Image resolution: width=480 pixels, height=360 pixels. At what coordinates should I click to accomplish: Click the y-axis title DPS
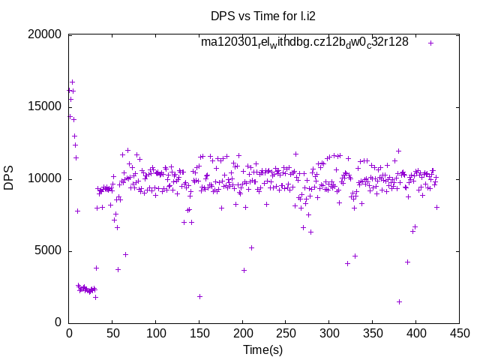pos(9,178)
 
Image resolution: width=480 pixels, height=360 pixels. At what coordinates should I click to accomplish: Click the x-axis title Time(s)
pos(262,349)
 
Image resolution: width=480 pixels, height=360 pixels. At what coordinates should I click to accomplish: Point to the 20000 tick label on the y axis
pos(43,34)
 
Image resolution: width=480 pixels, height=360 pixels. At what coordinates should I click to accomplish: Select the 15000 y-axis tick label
pos(43,106)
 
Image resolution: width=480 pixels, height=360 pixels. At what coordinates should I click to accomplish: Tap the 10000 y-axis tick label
pos(43,178)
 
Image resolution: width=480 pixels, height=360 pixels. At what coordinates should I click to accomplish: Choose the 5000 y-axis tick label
pos(46,250)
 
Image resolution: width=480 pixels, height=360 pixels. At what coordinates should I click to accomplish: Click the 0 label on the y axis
pos(57,322)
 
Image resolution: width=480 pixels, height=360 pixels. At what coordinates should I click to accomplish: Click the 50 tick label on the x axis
pos(112,334)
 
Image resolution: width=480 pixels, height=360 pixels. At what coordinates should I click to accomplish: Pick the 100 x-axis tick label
pos(155,334)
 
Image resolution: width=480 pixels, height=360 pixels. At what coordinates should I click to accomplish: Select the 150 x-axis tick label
pos(199,334)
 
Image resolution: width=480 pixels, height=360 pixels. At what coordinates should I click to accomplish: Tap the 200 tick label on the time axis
pos(242,334)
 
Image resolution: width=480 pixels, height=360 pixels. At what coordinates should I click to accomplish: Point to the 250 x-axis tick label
pos(285,334)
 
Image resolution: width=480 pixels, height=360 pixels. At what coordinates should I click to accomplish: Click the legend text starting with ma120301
pos(304,43)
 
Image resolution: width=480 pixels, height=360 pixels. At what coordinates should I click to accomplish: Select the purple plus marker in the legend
pos(430,43)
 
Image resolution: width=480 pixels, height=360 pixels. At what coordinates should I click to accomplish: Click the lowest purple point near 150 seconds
pos(199,296)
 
